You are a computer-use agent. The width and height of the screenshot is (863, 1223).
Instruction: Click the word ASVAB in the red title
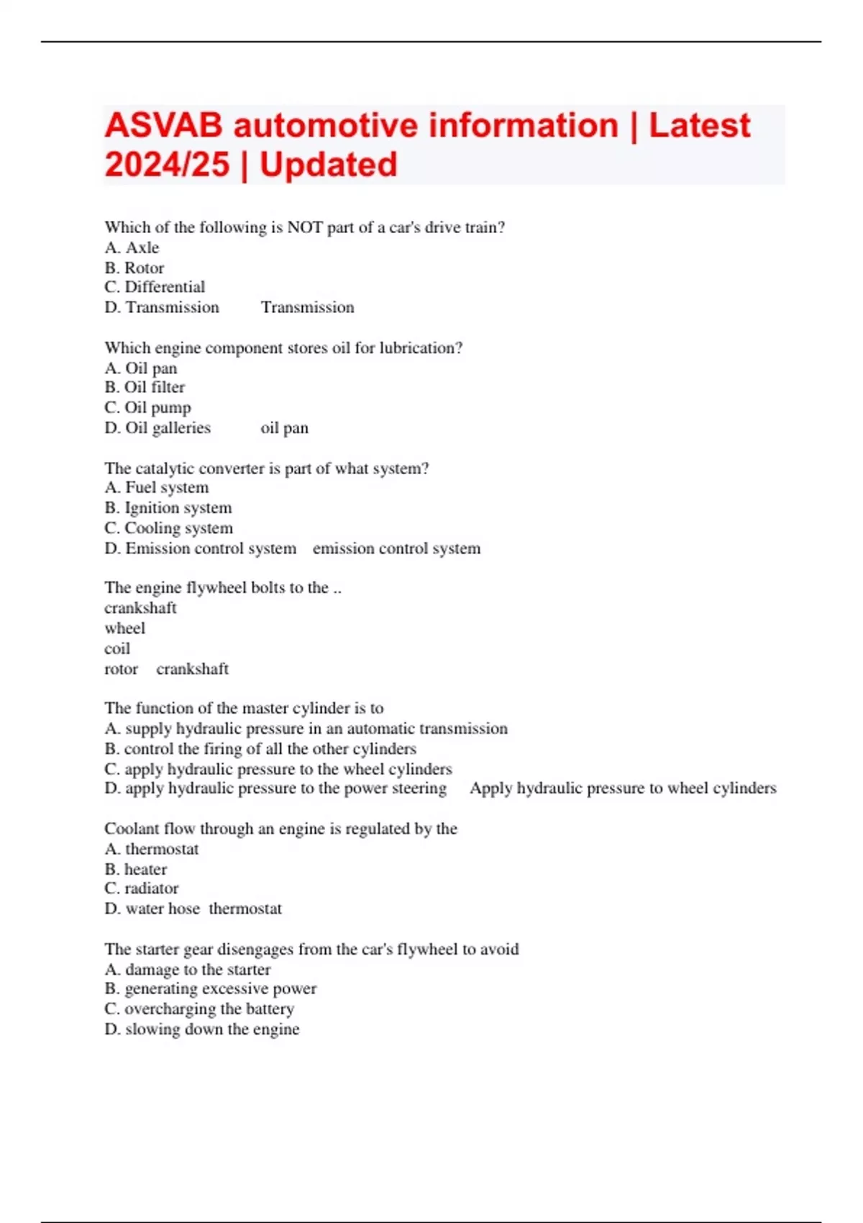[164, 126]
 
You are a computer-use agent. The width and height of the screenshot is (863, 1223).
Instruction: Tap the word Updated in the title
[328, 165]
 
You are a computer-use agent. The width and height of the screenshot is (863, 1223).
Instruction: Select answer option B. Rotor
[134, 268]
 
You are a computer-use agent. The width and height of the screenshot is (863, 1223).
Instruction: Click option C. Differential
[155, 287]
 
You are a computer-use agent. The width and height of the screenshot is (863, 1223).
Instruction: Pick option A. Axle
[132, 247]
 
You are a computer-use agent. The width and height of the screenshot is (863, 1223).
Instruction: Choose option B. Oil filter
[145, 387]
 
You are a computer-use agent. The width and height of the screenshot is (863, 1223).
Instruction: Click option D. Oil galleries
[157, 428]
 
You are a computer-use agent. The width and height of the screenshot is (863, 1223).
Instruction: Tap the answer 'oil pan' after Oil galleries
[284, 428]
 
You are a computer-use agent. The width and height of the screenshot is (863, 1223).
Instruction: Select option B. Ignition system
[168, 508]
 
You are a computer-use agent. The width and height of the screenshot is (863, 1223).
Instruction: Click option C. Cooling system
[168, 528]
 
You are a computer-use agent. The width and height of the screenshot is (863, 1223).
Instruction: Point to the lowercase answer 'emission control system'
[396, 548]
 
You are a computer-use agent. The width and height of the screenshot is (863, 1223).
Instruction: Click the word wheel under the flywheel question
[124, 628]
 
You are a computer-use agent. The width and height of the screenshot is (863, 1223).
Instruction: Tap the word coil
[117, 648]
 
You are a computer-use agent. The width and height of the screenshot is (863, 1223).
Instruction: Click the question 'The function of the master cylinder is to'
[244, 708]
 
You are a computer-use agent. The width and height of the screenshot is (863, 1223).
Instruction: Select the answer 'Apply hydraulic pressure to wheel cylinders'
[623, 788]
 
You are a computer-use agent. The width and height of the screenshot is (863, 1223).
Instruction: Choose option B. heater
[135, 869]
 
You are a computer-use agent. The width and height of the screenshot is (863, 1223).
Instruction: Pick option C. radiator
[141, 888]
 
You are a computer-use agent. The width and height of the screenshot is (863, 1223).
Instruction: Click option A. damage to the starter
[187, 970]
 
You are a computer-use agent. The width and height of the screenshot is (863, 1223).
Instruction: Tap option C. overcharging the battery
[199, 1009]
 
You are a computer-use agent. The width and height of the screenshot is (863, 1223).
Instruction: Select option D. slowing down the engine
[201, 1029]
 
